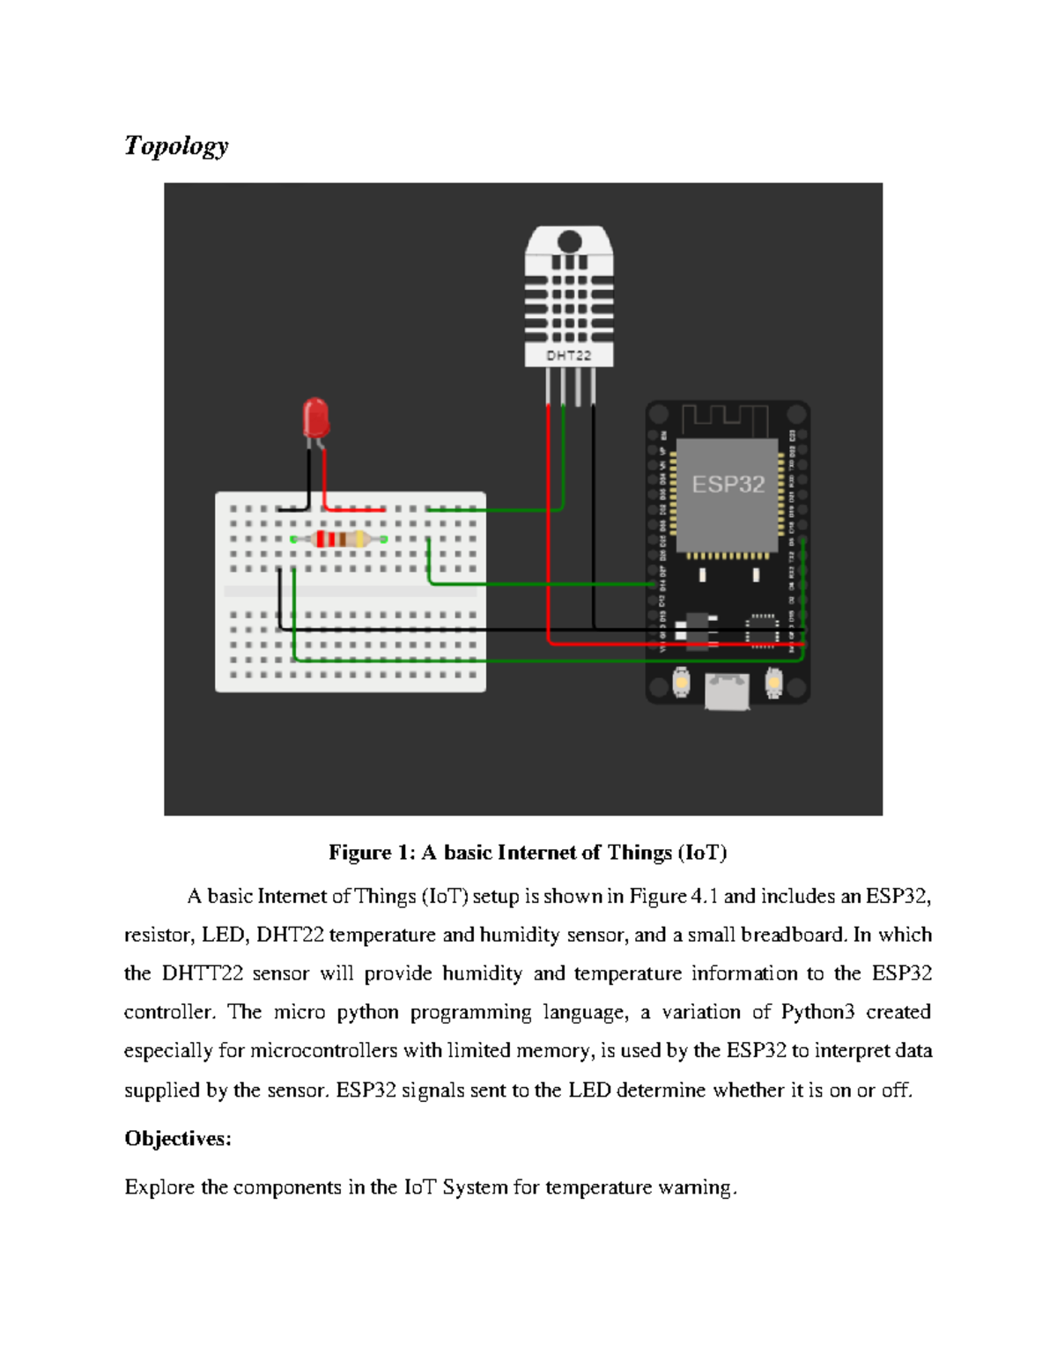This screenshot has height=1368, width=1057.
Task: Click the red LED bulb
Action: point(315,418)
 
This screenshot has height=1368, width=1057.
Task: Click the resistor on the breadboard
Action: point(339,539)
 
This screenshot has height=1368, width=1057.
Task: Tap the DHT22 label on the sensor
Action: point(568,356)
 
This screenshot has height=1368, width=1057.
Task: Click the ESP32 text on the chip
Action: point(728,484)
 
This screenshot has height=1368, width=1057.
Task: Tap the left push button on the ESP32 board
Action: point(682,682)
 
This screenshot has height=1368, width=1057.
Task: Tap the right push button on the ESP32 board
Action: point(773,682)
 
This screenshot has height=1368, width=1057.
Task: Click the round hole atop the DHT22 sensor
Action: point(569,241)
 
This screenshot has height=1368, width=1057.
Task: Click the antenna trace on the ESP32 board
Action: point(725,419)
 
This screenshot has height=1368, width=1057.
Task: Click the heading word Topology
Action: point(176,145)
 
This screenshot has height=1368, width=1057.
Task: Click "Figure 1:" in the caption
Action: point(371,853)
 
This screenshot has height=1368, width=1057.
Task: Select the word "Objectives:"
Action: point(178,1139)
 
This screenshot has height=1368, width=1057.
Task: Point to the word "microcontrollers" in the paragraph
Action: point(324,1051)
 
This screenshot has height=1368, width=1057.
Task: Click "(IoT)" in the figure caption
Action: point(702,853)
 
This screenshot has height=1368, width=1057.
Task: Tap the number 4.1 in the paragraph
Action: point(705,897)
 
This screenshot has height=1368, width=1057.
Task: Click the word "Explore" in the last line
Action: point(159,1187)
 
